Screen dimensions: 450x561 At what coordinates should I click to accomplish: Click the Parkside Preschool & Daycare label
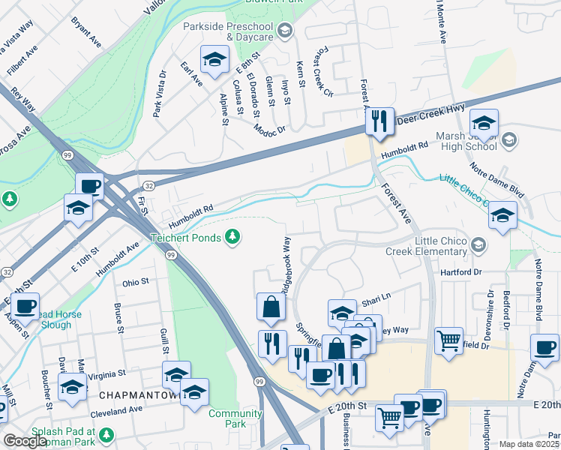tap(228, 31)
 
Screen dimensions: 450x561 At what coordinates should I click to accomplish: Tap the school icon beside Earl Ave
tap(214, 60)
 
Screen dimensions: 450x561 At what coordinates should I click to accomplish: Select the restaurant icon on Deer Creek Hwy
tap(379, 120)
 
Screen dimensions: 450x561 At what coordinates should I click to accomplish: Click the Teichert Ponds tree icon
tap(234, 238)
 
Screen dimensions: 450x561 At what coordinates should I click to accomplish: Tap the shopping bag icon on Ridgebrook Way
tap(270, 306)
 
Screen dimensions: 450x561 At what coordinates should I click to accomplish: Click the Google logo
tap(25, 441)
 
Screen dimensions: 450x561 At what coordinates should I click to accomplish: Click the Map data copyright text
tap(529, 444)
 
